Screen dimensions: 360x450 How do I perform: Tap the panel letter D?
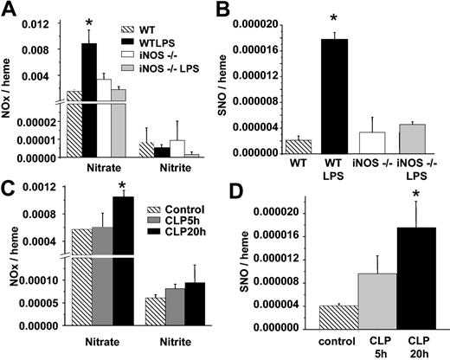click(237, 197)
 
